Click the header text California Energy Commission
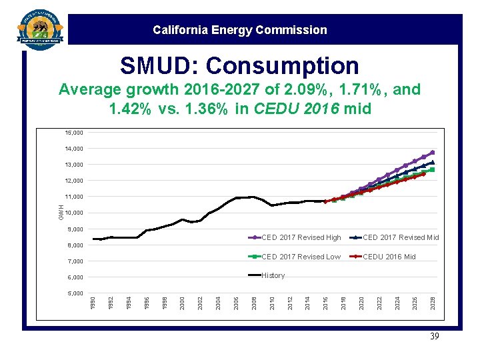[239, 30]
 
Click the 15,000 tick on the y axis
[74, 133]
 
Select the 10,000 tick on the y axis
[74, 213]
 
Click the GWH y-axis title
[61, 213]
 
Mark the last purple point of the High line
[432, 153]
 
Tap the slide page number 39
[434, 337]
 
